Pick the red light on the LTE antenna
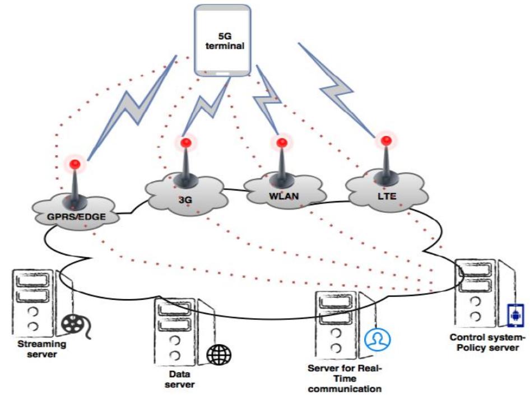coord(384,140)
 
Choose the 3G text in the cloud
coord(184,198)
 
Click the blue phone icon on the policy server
coord(513,315)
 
